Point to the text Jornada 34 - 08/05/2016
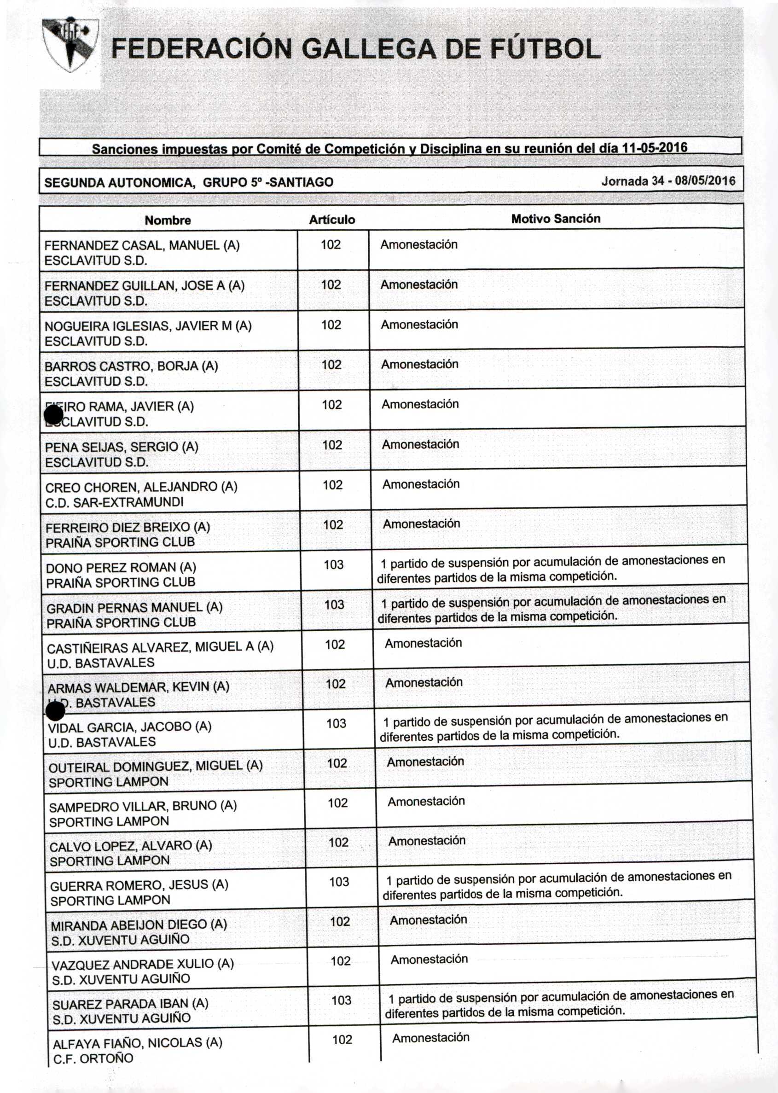(668, 181)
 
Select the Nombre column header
(168, 221)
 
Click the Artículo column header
(332, 220)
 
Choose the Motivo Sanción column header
(555, 219)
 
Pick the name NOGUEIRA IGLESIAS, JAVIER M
(148, 326)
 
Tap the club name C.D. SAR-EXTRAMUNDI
(115, 502)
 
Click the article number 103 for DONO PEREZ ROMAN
(333, 564)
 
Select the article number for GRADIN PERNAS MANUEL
(334, 605)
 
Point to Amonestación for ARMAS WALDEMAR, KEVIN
(424, 682)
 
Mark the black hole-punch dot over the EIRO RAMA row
(54, 415)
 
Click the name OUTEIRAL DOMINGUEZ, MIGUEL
(156, 766)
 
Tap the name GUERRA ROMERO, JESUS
(139, 884)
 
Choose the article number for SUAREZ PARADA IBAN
(341, 1000)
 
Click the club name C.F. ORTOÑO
(93, 1058)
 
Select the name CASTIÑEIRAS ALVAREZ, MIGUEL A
(160, 647)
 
